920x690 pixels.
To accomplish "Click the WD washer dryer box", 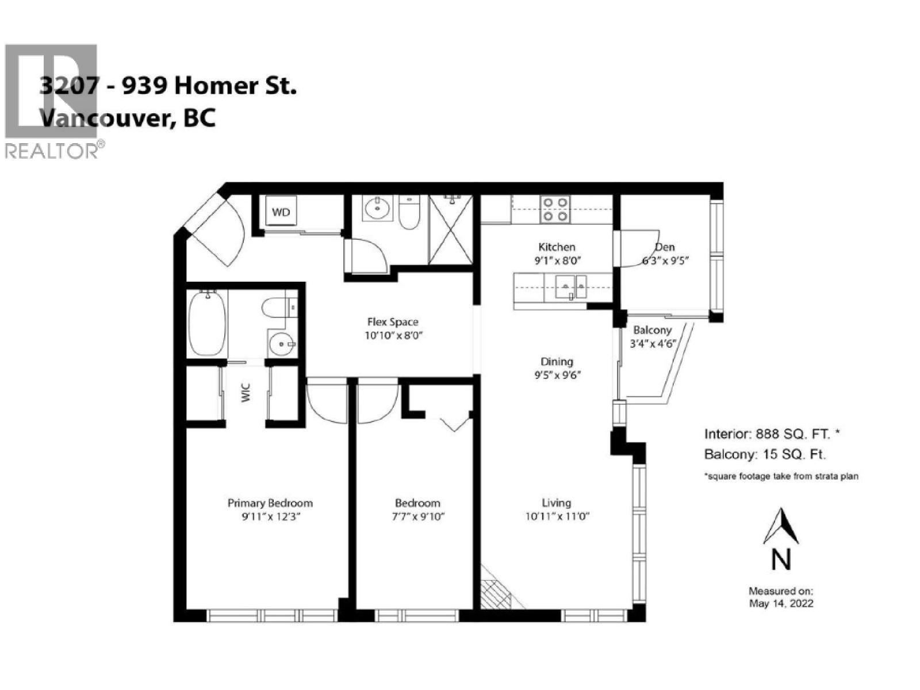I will click(281, 212).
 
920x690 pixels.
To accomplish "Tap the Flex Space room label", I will click(393, 322).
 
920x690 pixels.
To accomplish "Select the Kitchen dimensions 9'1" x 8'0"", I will click(557, 260).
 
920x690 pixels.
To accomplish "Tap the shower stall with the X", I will click(451, 229).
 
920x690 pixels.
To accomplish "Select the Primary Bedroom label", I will click(270, 503).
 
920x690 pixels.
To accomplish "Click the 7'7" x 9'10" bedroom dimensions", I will click(417, 516).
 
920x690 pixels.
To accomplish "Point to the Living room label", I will click(556, 503).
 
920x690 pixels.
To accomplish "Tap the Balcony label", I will click(652, 330).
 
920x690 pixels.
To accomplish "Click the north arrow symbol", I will click(780, 526).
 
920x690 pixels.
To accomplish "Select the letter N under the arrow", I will click(780, 559).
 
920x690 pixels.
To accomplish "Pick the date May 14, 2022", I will click(781, 603).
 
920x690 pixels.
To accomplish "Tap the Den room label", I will click(665, 247).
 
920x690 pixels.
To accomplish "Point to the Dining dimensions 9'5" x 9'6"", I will click(557, 375).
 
